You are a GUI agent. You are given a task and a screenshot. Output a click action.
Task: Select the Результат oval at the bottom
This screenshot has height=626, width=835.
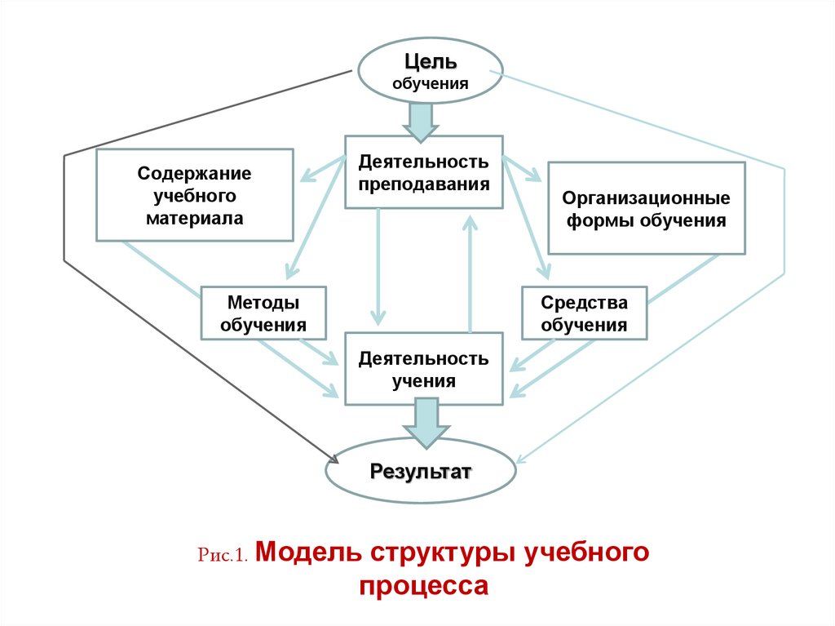(421, 472)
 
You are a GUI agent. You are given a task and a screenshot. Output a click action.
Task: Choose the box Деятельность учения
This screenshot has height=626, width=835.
(424, 369)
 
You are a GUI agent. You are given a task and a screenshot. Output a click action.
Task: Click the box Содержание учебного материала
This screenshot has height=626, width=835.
(195, 195)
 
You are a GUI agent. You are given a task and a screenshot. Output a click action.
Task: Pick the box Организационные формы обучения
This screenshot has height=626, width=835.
(646, 209)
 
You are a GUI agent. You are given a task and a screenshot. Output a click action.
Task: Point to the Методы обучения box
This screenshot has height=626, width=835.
(263, 313)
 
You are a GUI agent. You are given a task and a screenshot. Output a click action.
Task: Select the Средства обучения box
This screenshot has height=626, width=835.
(584, 313)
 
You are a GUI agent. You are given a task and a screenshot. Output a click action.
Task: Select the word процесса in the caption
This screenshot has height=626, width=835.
(423, 587)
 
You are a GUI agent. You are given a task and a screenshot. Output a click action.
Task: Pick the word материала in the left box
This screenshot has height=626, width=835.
(195, 218)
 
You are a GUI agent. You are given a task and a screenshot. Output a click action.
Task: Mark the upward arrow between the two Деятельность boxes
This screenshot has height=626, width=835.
(471, 273)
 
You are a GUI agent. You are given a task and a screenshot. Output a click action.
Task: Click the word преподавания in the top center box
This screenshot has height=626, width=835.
(424, 184)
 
